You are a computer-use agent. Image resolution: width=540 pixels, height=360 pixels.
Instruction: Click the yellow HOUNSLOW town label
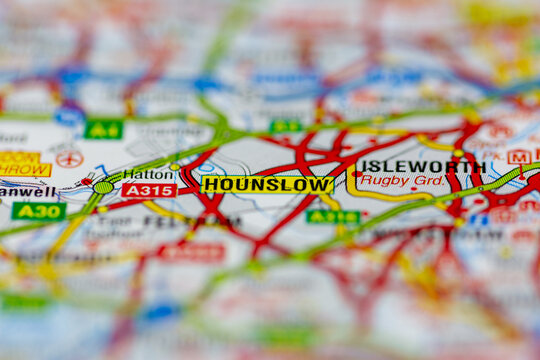(267, 185)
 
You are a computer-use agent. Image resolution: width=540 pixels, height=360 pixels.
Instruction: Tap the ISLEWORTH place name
(421, 167)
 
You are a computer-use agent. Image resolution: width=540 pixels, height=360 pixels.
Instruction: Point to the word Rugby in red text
(378, 181)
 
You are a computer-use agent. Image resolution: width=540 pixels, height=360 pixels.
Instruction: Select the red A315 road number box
(149, 190)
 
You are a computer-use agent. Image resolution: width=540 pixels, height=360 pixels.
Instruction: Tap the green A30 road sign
(38, 211)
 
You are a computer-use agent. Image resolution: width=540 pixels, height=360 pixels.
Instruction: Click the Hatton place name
(149, 174)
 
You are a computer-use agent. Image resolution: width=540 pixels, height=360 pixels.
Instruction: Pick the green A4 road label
(103, 129)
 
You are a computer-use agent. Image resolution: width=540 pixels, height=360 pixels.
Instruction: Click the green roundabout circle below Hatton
(103, 187)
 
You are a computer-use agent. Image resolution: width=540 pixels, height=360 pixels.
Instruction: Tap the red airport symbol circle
(69, 158)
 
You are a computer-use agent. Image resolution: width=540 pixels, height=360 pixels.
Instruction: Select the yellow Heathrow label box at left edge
(22, 164)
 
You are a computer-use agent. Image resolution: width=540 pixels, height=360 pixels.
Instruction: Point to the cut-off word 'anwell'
(27, 190)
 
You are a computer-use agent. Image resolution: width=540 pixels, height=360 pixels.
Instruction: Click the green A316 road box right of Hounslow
(333, 216)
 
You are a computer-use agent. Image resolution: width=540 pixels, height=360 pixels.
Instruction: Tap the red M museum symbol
(519, 157)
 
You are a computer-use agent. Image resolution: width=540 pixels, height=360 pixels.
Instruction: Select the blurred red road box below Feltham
(192, 253)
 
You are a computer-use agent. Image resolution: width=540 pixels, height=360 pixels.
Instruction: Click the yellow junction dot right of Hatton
(175, 166)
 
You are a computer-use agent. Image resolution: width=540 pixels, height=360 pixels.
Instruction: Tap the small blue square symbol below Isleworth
(478, 219)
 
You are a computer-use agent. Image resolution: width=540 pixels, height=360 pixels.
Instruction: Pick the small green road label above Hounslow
(286, 127)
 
